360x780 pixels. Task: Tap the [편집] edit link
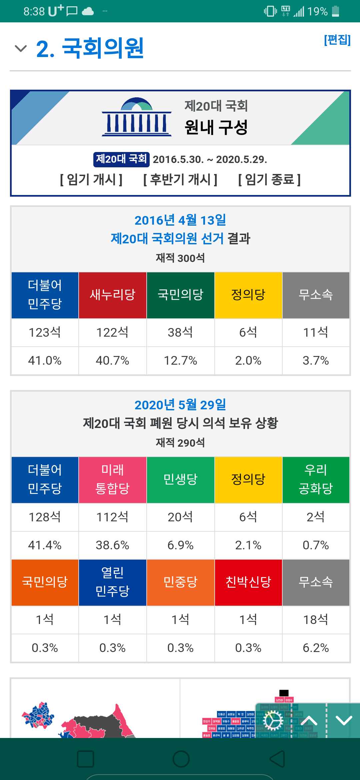[337, 40]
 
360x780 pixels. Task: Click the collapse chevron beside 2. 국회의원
[21, 49]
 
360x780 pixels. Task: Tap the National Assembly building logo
[137, 117]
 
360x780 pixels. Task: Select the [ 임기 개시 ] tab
[91, 180]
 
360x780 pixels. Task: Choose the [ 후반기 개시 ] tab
[180, 180]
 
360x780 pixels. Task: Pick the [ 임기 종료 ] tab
[269, 180]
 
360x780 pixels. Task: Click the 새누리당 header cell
[113, 295]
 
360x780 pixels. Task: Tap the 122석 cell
[113, 332]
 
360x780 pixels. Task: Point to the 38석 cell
[180, 332]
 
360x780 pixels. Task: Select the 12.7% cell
[180, 361]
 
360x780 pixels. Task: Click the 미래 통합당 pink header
[113, 479]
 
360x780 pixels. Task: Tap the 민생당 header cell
[180, 479]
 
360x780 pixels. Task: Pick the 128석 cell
[45, 517]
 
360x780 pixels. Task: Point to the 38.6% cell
[113, 545]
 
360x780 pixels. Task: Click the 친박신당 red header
[248, 582]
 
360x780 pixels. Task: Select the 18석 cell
[316, 620]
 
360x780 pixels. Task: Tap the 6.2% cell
[316, 648]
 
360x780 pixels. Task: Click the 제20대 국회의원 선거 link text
[167, 239]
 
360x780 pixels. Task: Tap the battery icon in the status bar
[336, 11]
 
